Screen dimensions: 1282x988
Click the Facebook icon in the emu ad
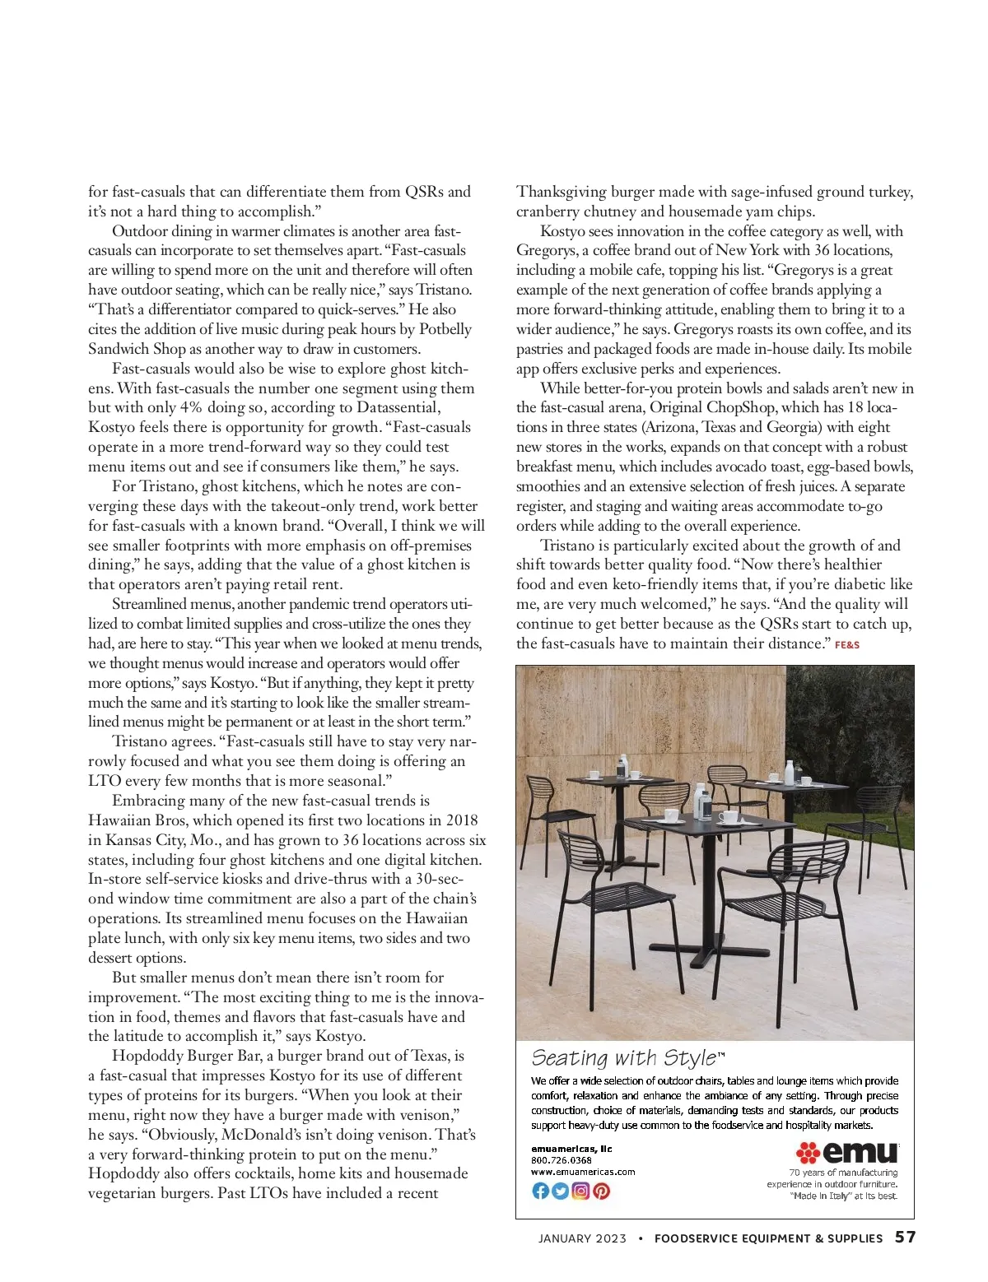pos(540,1191)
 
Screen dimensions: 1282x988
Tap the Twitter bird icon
pos(561,1191)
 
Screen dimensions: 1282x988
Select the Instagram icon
pos(580,1191)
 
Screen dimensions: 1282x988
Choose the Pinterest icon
pos(601,1191)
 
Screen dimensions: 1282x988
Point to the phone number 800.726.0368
pos(562,1160)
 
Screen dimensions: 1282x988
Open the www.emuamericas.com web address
pos(583,1172)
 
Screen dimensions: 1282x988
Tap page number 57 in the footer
pos(905,1238)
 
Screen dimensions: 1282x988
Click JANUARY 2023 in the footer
pos(582,1238)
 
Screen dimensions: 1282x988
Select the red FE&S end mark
pos(846,645)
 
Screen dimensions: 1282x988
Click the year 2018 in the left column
pos(461,820)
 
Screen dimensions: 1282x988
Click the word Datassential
pos(398,408)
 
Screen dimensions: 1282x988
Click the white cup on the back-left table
pos(635,774)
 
